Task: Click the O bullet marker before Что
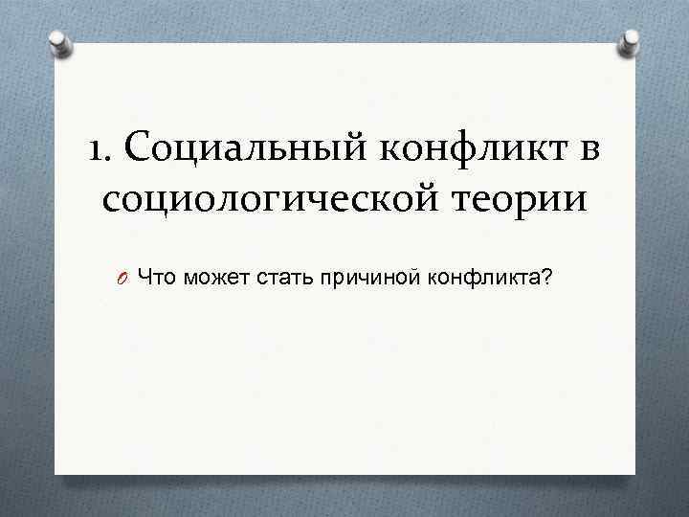[x=124, y=280]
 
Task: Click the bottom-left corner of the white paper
[x=56, y=473]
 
